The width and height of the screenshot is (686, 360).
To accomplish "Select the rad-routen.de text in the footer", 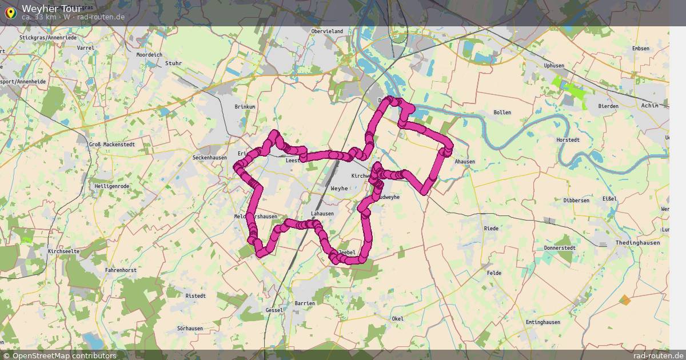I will [x=659, y=355].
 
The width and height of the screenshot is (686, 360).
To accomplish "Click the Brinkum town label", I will [x=245, y=107].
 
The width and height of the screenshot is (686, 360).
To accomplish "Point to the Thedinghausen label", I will [x=637, y=243].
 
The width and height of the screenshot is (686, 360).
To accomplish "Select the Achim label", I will [x=650, y=106].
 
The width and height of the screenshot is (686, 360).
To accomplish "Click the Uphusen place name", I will [x=554, y=66].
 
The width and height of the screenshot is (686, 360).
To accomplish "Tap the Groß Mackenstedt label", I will [x=112, y=145].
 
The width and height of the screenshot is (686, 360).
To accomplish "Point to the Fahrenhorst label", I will [x=121, y=270].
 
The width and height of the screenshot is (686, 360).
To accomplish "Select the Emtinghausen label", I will [x=543, y=322].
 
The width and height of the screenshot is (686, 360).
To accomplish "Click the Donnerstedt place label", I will [x=559, y=249].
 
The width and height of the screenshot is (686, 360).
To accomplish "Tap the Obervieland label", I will [x=327, y=31].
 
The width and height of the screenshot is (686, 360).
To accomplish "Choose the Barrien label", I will [x=305, y=303].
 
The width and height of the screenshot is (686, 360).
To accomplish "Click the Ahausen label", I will [x=465, y=162].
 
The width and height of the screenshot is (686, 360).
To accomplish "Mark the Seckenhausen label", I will [x=210, y=157].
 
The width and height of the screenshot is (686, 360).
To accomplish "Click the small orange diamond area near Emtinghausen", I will [x=625, y=299].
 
